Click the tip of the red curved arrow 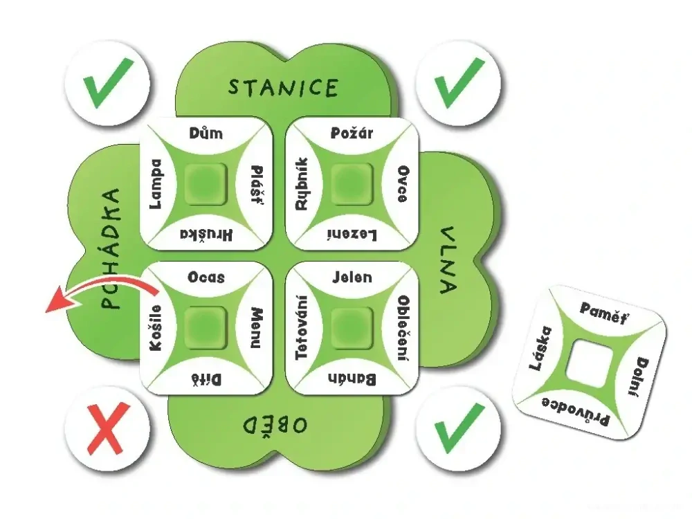coord(46,311)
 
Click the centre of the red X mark coord(108,428)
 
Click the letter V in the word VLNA coord(447,234)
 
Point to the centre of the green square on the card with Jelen coord(352,328)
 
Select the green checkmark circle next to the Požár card coord(458,82)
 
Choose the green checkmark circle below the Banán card coord(458,428)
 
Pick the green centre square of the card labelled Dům coord(206,183)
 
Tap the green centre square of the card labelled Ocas coord(206,328)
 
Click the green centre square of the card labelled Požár coord(352,183)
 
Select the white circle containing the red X coord(108,428)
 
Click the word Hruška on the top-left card coord(206,235)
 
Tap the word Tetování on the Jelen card coord(302,327)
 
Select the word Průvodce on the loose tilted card coord(576,411)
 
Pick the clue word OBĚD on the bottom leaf coord(275,426)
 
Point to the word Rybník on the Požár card coord(302,183)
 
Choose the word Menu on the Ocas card coord(257,328)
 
